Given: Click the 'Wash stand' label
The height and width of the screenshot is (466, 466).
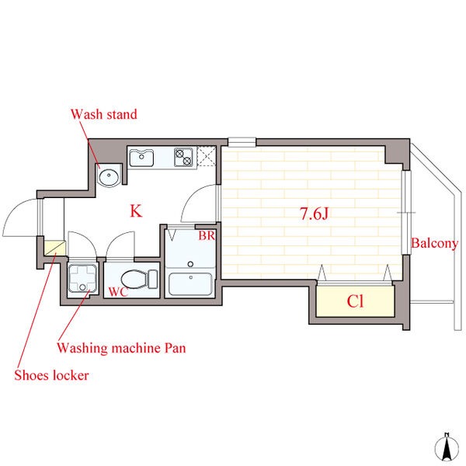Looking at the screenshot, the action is (104, 114).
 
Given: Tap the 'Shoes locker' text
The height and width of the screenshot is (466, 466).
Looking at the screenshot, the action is (51, 375).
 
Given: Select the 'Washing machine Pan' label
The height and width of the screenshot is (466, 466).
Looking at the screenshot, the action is (121, 348).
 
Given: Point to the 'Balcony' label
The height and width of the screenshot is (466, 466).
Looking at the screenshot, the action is (434, 244).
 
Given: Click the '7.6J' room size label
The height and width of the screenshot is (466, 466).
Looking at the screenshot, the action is (314, 214).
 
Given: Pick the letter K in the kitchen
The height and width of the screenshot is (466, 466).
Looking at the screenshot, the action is (136, 211).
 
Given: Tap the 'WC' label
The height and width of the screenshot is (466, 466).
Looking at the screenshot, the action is (118, 292).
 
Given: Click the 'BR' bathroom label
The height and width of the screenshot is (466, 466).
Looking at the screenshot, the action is (207, 235).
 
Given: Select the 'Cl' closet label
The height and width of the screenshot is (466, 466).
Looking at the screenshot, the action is (355, 301).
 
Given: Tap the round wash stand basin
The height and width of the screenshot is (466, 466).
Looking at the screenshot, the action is (109, 177).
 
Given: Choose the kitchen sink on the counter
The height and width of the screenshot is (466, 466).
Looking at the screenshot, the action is (141, 158).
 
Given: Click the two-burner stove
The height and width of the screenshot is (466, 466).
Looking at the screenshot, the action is (183, 157).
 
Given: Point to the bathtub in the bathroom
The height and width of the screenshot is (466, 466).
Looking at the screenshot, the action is (190, 284).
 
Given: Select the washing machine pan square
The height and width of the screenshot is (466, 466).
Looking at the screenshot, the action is (82, 278).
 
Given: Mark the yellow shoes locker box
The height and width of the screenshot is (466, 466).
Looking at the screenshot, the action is (54, 249).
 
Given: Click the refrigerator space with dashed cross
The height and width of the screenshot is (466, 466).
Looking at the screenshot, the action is (207, 157).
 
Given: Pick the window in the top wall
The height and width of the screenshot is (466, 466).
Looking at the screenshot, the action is (242, 142).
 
